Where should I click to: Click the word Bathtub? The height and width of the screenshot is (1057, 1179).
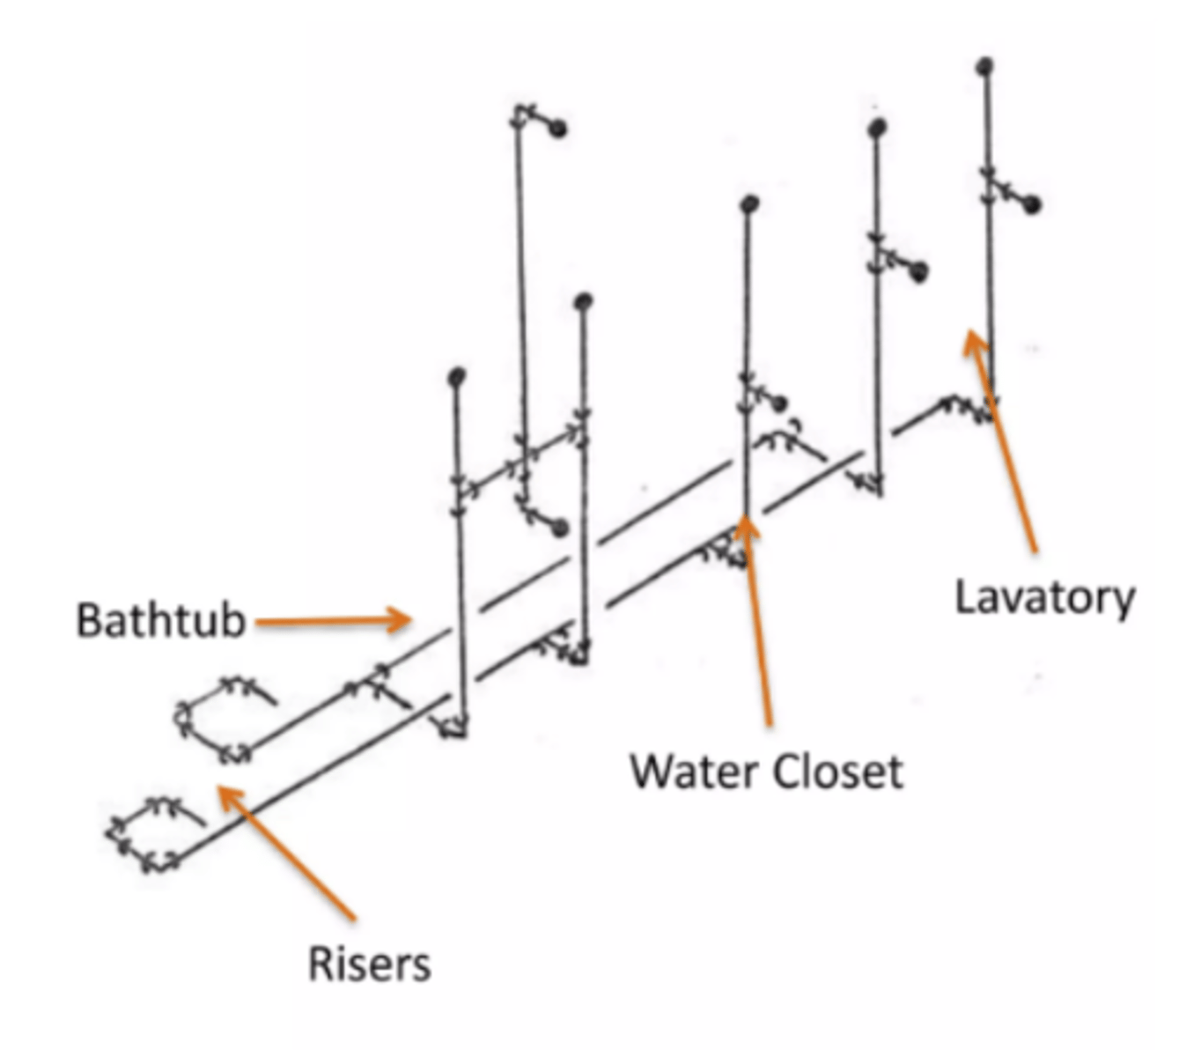[x=160, y=620]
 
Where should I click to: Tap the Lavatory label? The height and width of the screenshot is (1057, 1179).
[x=1044, y=598]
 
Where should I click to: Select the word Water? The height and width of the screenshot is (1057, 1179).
[x=693, y=772]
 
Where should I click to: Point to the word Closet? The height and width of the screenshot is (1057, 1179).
[x=837, y=772]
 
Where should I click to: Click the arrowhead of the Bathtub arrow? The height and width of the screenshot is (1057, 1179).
[x=406, y=620]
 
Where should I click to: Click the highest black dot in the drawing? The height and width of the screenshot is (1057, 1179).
[x=985, y=64]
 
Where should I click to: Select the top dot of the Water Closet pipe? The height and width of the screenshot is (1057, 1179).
[x=749, y=204]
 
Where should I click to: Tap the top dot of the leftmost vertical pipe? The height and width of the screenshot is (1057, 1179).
[x=456, y=377]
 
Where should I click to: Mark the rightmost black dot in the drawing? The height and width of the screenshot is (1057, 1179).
[x=1032, y=205]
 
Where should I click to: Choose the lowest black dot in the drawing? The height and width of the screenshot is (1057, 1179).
[x=559, y=528]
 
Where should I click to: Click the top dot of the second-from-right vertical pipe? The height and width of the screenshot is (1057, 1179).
[x=876, y=129]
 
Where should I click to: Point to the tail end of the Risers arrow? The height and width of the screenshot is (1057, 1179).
[x=354, y=918]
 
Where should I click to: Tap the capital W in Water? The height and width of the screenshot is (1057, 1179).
[x=650, y=772]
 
